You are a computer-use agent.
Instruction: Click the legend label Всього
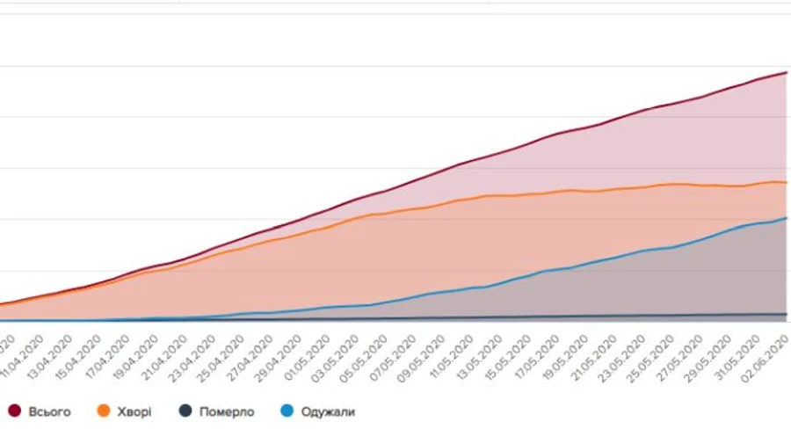tap(49, 411)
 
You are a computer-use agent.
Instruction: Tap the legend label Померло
tap(227, 411)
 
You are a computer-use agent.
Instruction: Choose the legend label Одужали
tap(328, 411)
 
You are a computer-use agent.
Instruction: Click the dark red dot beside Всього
tap(15, 411)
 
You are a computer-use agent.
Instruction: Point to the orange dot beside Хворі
tap(103, 411)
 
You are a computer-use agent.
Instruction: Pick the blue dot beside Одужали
tap(286, 411)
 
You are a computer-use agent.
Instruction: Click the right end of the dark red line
tap(786, 72)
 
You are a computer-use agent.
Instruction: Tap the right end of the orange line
tap(786, 183)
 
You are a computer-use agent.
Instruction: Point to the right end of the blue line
tap(786, 217)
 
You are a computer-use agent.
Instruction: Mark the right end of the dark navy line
tap(786, 314)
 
